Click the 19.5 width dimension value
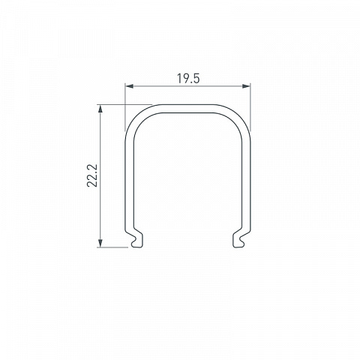[188, 79]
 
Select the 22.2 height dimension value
[92, 175]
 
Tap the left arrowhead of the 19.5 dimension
[129, 86]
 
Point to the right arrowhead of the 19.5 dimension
[246, 86]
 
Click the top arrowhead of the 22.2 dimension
[100, 109]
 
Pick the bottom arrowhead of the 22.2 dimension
[100, 243]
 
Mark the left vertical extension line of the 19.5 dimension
[125, 107]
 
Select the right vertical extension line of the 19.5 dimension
[250, 107]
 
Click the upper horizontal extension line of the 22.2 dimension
[124, 104]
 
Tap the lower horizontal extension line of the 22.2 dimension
[112, 247]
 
